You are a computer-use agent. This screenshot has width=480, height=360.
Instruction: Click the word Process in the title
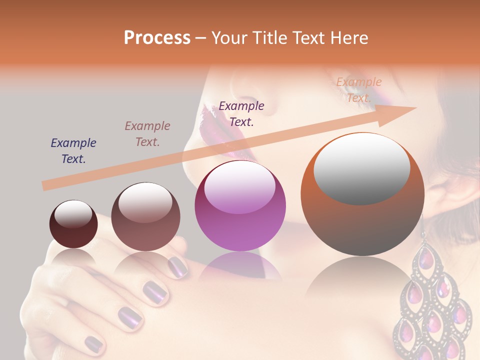[x=157, y=38]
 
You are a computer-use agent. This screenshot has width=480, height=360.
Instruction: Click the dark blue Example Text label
[x=73, y=151]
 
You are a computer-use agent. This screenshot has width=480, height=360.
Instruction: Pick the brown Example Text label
[x=147, y=134]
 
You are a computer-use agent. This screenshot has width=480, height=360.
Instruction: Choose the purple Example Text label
[x=241, y=114]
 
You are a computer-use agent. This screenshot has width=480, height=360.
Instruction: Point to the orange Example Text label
[x=358, y=90]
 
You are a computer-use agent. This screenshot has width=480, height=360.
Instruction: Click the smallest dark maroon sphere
[x=73, y=225]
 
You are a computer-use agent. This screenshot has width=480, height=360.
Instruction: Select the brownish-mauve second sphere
[x=145, y=217]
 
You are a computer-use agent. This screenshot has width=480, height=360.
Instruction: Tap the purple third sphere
[x=240, y=206]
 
